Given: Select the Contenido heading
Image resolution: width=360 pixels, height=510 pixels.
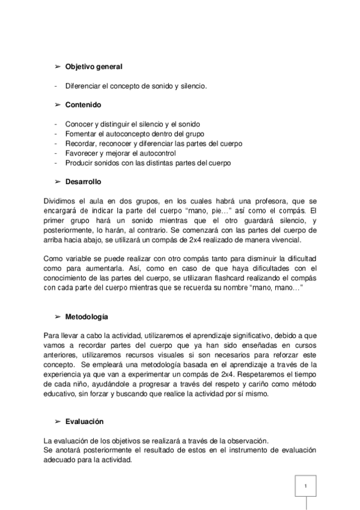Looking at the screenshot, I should click(83, 105).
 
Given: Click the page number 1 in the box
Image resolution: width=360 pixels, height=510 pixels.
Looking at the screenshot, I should click(306, 486).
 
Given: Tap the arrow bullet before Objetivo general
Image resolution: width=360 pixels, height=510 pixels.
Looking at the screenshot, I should click(58, 66).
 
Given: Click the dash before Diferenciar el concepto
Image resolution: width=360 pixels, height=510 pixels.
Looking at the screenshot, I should click(55, 85).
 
